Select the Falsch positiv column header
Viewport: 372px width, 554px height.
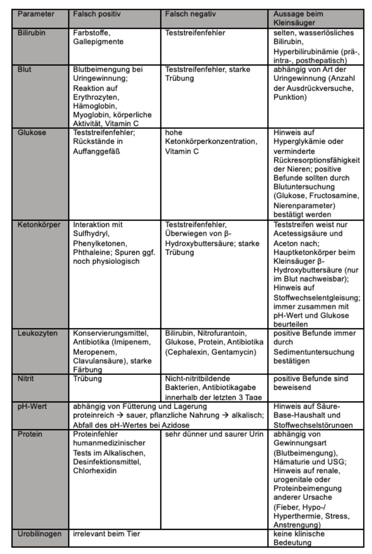click(x=97, y=14)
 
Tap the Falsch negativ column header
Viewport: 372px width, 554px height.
click(x=191, y=14)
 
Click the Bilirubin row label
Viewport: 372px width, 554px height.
click(x=32, y=33)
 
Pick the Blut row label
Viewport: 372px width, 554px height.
click(x=25, y=70)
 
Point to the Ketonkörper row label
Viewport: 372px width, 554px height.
click(x=39, y=225)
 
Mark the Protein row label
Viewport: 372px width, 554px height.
click(x=29, y=434)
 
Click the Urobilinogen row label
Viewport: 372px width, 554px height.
click(x=40, y=534)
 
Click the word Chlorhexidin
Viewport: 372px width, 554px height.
click(x=94, y=470)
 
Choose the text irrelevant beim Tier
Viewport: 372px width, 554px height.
click(x=106, y=534)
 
